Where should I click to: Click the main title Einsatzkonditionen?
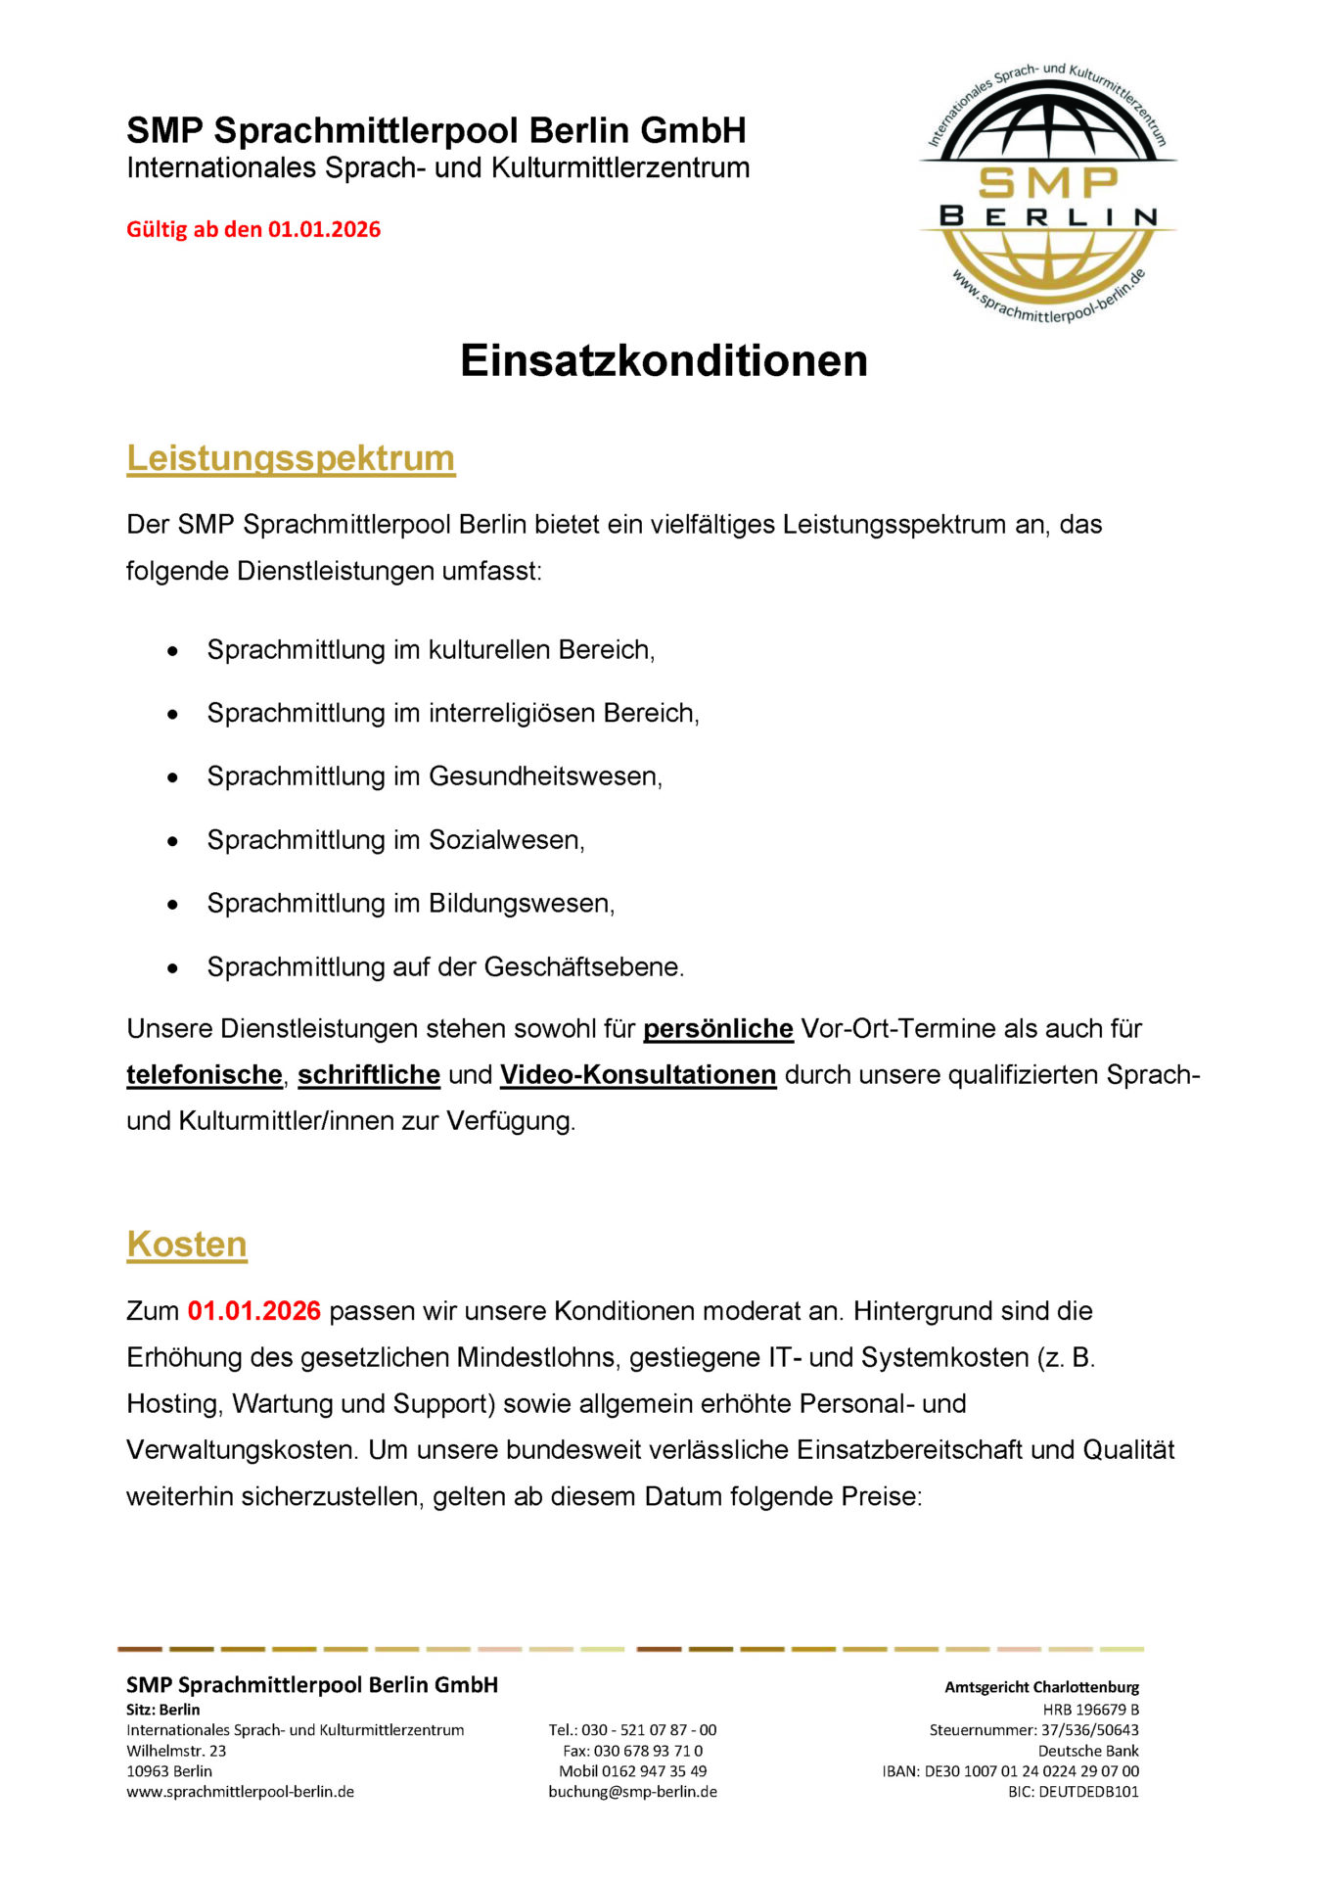[x=664, y=360]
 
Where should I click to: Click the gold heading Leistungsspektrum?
[x=291, y=458]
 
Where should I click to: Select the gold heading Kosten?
[x=187, y=1245]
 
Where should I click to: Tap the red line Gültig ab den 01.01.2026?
[x=253, y=229]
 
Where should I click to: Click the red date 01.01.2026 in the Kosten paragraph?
[x=254, y=1311]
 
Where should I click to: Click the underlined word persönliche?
[x=717, y=1029]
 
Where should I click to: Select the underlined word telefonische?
[x=205, y=1075]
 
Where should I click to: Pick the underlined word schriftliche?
[x=369, y=1075]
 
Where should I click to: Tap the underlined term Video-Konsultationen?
[x=638, y=1075]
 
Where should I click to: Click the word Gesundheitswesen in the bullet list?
[x=545, y=776]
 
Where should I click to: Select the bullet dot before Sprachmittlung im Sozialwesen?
[x=173, y=841]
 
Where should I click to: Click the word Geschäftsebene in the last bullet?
[x=583, y=967]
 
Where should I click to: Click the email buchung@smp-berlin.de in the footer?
[x=632, y=1792]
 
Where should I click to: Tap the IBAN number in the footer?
[x=1031, y=1771]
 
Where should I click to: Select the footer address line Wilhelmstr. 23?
[x=176, y=1751]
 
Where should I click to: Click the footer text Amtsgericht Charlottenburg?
[x=1041, y=1687]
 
